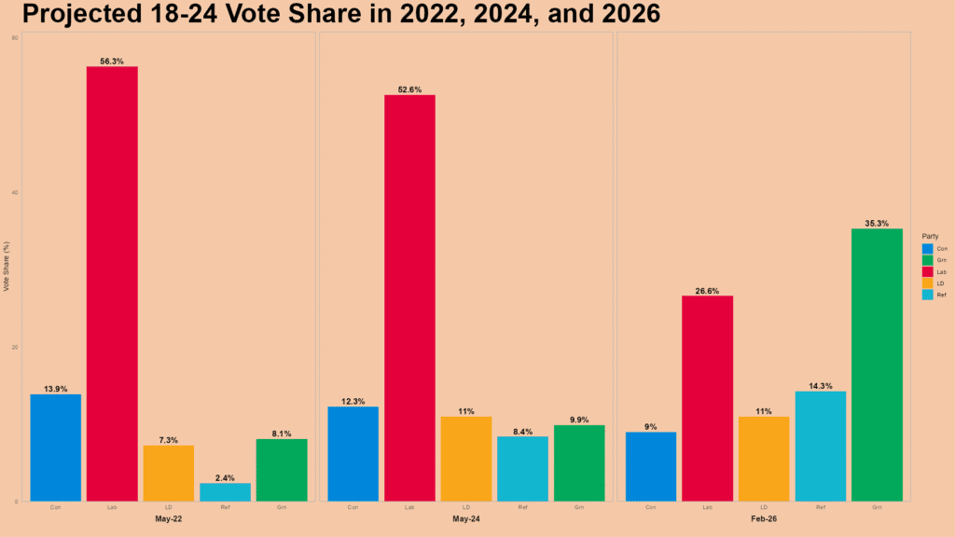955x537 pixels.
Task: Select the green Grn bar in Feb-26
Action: pyautogui.click(x=877, y=365)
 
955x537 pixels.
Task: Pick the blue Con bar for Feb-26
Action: pyautogui.click(x=651, y=466)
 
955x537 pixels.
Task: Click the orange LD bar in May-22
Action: pyautogui.click(x=168, y=473)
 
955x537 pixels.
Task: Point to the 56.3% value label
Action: pyautogui.click(x=112, y=62)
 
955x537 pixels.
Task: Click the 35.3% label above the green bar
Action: pyautogui.click(x=877, y=224)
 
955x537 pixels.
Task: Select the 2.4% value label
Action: pyautogui.click(x=225, y=478)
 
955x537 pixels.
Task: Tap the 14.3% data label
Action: pyautogui.click(x=821, y=386)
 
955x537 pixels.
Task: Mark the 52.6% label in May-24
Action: pyautogui.click(x=409, y=89)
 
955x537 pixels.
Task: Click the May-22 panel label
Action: pyautogui.click(x=168, y=518)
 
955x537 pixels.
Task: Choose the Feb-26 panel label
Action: pyautogui.click(x=764, y=518)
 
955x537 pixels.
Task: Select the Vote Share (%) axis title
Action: pyautogui.click(x=7, y=268)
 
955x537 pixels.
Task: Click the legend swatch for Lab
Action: pyautogui.click(x=927, y=271)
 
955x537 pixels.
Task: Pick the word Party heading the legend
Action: pyautogui.click(x=929, y=236)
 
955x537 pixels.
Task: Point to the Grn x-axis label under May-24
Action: pyautogui.click(x=579, y=507)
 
